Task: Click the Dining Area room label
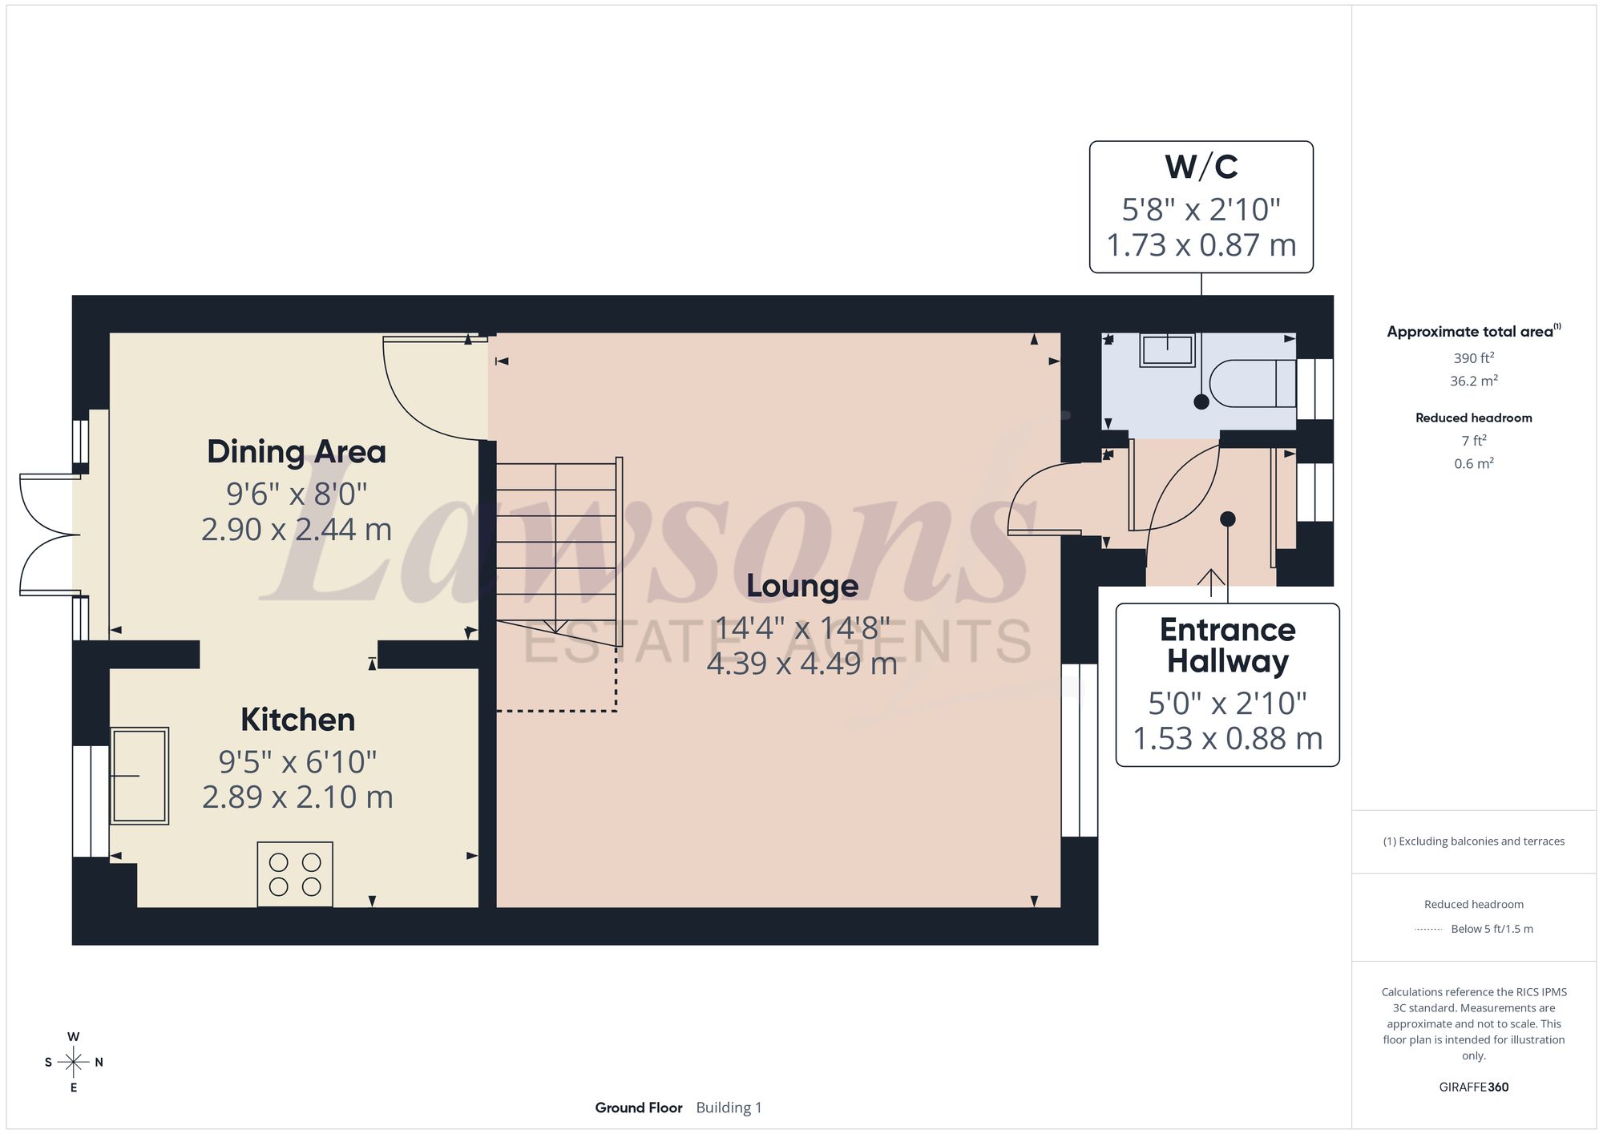[297, 452]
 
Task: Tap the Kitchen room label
[297, 720]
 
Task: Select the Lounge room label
[802, 586]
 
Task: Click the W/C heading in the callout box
[1201, 167]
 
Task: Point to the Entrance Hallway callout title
[1227, 645]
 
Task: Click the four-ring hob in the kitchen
[295, 874]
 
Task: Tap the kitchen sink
[139, 776]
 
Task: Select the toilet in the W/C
[1252, 384]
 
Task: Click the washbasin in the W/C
[1167, 350]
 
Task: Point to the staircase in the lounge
[559, 553]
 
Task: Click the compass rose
[74, 1063]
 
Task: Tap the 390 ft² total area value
[1473, 358]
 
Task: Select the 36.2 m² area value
[1473, 381]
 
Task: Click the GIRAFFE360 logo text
[1473, 1088]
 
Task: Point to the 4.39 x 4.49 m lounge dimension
[801, 664]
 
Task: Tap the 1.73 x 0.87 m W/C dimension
[1201, 245]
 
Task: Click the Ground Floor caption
[638, 1108]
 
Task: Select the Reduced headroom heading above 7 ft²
[1473, 418]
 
